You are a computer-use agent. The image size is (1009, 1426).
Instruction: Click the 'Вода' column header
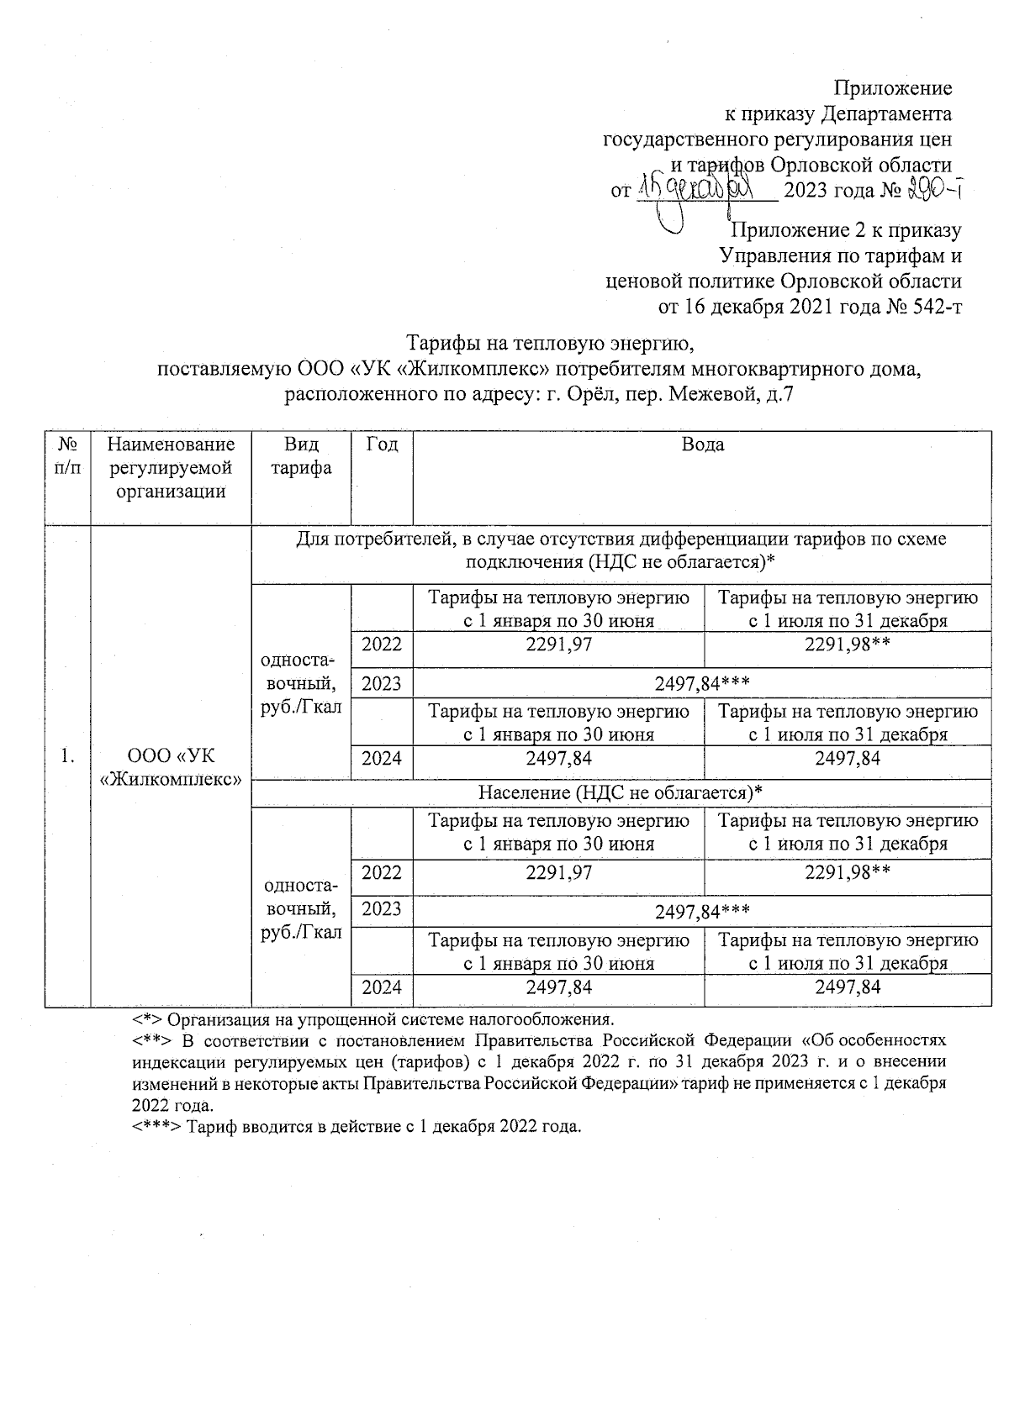point(702,445)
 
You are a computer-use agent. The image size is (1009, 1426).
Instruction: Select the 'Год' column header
point(382,445)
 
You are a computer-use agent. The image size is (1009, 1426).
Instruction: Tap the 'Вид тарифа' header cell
point(301,455)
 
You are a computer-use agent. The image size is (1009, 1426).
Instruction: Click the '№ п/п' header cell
point(67,455)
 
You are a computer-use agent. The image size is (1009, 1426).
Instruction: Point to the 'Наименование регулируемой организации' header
point(172,467)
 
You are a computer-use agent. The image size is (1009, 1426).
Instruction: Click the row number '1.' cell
point(67,757)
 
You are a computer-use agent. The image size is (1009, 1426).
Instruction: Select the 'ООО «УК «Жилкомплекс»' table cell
point(172,767)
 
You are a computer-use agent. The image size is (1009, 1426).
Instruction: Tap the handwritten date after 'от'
point(706,188)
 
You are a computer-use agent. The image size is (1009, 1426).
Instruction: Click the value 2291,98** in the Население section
point(848,873)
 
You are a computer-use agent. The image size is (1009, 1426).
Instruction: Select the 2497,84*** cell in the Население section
point(702,909)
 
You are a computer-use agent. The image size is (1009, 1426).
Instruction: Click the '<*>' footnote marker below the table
point(146,1020)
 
